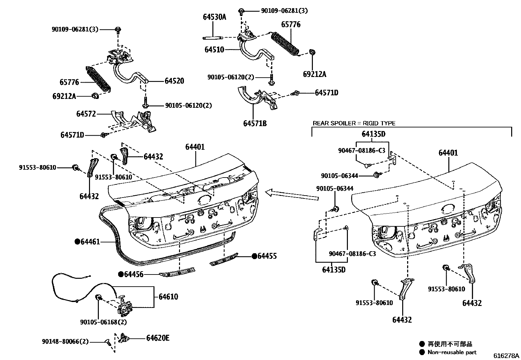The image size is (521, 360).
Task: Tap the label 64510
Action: [214, 50]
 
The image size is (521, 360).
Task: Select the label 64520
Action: [174, 81]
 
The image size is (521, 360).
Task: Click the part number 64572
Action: [86, 114]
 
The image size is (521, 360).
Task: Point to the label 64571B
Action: [255, 123]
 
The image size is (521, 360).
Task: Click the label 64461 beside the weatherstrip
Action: [90, 242]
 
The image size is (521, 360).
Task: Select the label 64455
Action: [267, 256]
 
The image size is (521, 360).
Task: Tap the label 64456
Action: [134, 274]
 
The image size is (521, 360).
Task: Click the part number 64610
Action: [169, 297]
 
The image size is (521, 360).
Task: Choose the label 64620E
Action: [158, 338]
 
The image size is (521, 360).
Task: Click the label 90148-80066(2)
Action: [65, 342]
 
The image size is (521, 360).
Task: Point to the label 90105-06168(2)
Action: [103, 322]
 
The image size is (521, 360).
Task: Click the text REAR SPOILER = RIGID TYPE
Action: [354, 123]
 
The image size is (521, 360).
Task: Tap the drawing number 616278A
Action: [507, 356]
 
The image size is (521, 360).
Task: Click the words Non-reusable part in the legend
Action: [452, 352]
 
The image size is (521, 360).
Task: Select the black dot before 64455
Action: [254, 256]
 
